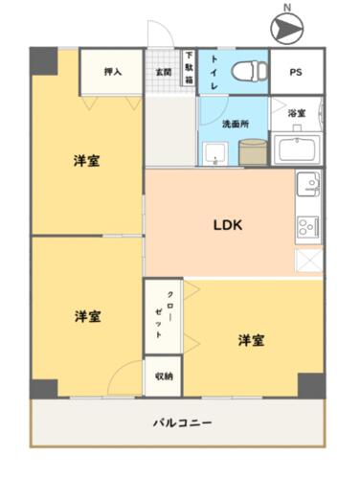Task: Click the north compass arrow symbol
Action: pyautogui.click(x=287, y=29)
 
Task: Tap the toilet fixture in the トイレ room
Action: pyautogui.click(x=250, y=71)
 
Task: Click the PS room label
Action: pyautogui.click(x=296, y=72)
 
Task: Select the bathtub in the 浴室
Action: pyautogui.click(x=297, y=148)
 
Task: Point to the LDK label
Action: pyautogui.click(x=228, y=225)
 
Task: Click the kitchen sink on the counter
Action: pyautogui.click(x=308, y=184)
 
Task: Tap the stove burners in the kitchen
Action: pyautogui.click(x=308, y=226)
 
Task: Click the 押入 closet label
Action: pyautogui.click(x=113, y=72)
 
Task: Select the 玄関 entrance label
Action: pyautogui.click(x=164, y=72)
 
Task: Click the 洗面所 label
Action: pyautogui.click(x=236, y=124)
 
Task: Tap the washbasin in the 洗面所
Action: pyautogui.click(x=215, y=154)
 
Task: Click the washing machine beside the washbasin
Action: pyautogui.click(x=253, y=152)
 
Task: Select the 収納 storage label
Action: pyautogui.click(x=164, y=376)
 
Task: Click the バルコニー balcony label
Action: pyautogui.click(x=182, y=423)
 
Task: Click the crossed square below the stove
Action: pyautogui.click(x=309, y=261)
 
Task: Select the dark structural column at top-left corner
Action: pyautogui.click(x=44, y=61)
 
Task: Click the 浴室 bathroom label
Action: pyautogui.click(x=297, y=113)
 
